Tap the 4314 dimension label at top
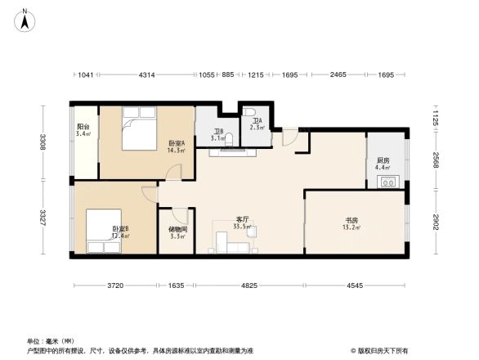(x=147, y=74)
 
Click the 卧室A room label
(x=177, y=142)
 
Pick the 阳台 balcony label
(x=83, y=128)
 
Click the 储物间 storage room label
(x=177, y=229)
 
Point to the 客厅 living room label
(x=242, y=219)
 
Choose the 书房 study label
(x=351, y=220)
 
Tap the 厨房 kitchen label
(x=383, y=160)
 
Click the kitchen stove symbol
(x=387, y=182)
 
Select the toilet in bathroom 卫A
(x=252, y=113)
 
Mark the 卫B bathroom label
(x=218, y=131)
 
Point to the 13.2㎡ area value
(x=351, y=228)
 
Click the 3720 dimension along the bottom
(x=114, y=286)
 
